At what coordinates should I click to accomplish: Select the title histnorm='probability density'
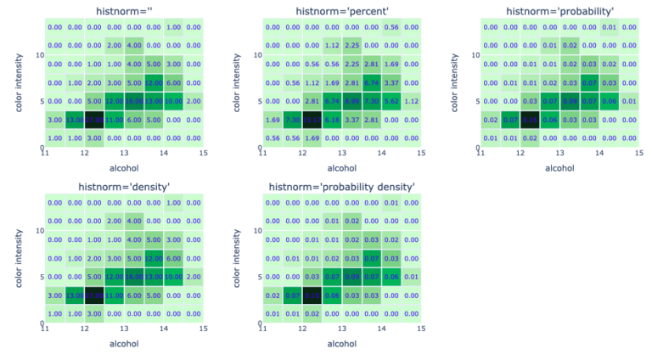[341, 186]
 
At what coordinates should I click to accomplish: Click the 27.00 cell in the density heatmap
[93, 295]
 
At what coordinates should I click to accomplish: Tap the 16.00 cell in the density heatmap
[133, 277]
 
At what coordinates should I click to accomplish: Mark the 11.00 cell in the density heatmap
[114, 295]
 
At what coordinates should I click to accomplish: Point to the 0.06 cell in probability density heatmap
[391, 277]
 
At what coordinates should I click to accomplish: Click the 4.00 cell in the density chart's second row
[133, 221]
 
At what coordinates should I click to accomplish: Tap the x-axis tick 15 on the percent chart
[422, 153]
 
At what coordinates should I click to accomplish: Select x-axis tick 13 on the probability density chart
[342, 329]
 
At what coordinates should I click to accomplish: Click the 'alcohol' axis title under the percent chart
[341, 168]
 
